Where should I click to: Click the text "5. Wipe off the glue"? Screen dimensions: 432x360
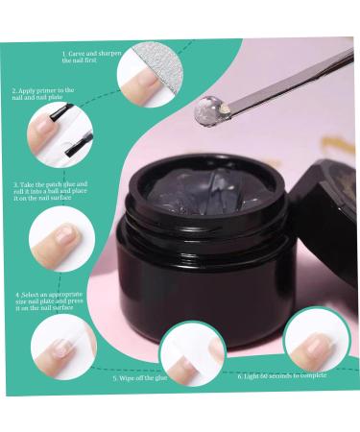pyautogui.click(x=141, y=378)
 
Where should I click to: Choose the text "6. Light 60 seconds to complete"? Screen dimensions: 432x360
pyautogui.click(x=282, y=375)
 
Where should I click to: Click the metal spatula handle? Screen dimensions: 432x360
pyautogui.click(x=288, y=77)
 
